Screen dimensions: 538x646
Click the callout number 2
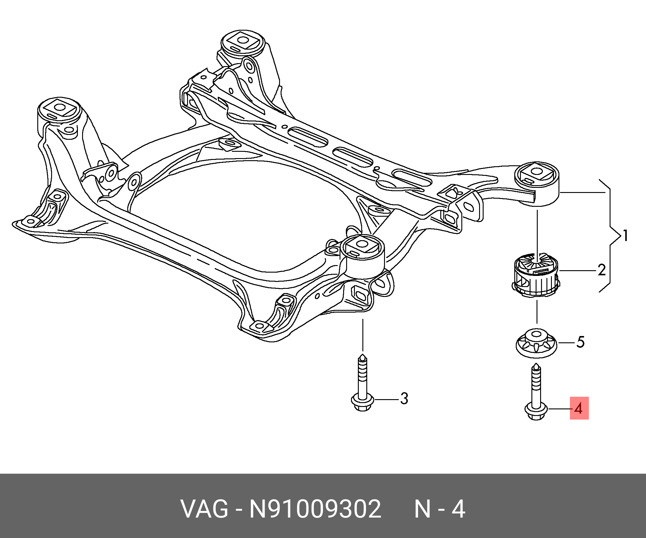[x=601, y=270]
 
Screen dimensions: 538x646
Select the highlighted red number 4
[x=579, y=408]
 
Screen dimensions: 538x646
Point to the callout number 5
[x=580, y=342]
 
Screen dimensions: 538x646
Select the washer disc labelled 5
[x=537, y=344]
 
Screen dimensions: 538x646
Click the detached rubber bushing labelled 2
[x=536, y=275]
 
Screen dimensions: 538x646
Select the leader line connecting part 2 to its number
[x=577, y=271]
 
